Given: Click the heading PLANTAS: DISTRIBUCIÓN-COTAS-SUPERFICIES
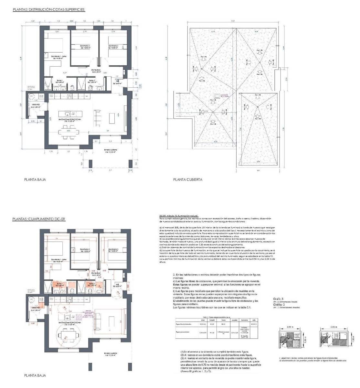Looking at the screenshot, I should (48, 10).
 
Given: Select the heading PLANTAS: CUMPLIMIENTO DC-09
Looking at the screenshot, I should (39, 219).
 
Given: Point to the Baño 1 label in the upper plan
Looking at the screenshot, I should (59, 81).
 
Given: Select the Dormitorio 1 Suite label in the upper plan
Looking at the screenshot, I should (58, 57).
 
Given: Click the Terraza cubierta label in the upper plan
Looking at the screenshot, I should (111, 151).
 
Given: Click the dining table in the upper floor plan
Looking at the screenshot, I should (69, 132).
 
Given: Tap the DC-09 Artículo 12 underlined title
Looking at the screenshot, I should (179, 216).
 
